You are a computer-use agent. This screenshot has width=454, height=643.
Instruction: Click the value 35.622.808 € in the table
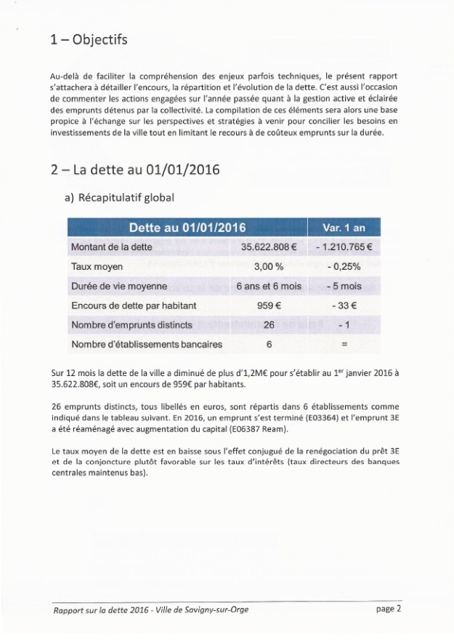pyautogui.click(x=269, y=247)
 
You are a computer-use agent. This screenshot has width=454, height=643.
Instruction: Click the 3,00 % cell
pyautogui.click(x=269, y=267)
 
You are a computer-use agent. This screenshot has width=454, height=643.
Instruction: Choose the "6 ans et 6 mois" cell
pyautogui.click(x=269, y=287)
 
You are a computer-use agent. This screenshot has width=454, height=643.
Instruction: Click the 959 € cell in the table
pyautogui.click(x=269, y=306)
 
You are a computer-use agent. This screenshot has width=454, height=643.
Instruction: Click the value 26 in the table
pyautogui.click(x=269, y=325)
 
